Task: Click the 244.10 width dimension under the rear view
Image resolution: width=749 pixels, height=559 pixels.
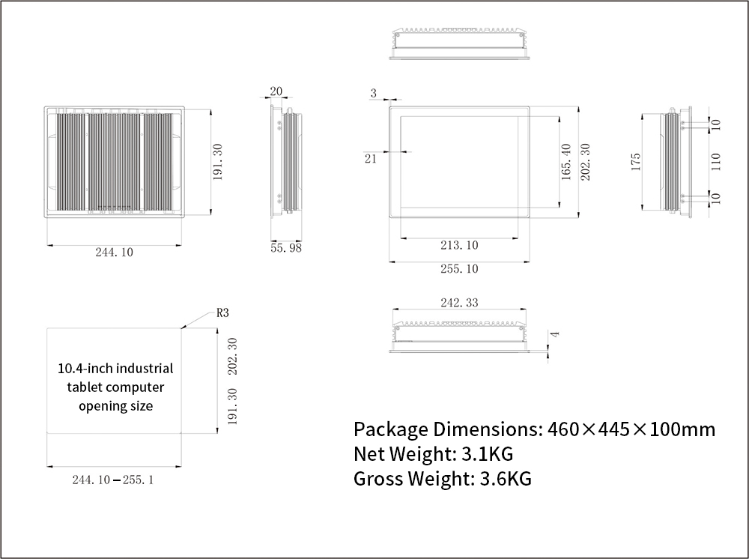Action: pyautogui.click(x=114, y=253)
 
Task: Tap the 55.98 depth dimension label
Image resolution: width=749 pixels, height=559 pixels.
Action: pyautogui.click(x=286, y=247)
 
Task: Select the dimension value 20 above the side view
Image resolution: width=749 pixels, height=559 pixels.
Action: pyautogui.click(x=276, y=91)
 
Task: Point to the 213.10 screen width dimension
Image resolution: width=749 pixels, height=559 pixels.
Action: pyautogui.click(x=459, y=245)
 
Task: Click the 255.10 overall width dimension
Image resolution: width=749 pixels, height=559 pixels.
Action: pyautogui.click(x=459, y=268)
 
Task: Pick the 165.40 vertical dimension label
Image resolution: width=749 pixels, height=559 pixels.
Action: pyautogui.click(x=566, y=162)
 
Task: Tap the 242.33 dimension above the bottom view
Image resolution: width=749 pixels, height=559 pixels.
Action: pyautogui.click(x=459, y=303)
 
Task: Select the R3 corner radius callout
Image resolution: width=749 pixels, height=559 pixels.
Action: pyautogui.click(x=222, y=312)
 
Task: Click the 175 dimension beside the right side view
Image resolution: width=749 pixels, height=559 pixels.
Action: pyautogui.click(x=636, y=162)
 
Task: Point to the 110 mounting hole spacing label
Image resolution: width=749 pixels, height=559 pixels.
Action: pyautogui.click(x=715, y=162)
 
